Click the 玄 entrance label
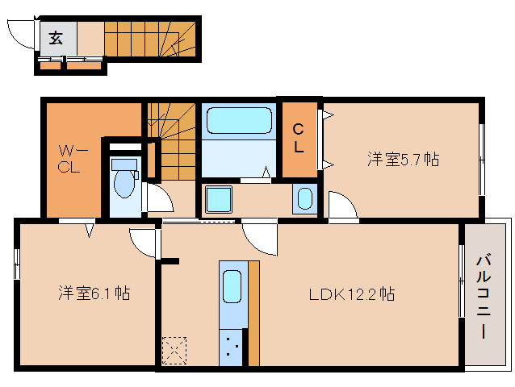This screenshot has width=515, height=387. pos(56,37)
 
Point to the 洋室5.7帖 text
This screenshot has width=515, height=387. pos(403,160)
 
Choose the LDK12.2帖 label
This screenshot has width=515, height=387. pos(352,294)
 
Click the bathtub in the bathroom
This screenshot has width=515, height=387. pos(239,121)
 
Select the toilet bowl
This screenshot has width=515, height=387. pos(124,182)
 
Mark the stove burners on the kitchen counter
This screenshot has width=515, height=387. pos(232,347)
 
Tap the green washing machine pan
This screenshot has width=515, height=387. pos(218,198)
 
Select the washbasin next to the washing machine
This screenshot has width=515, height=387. pos(305,198)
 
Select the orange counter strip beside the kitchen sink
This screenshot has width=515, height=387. pos(253,314)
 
